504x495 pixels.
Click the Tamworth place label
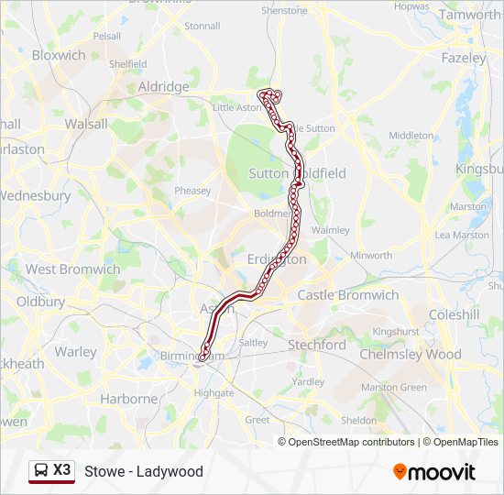[x=468, y=15]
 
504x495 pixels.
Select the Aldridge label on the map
[x=163, y=86]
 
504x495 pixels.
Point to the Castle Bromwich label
[x=347, y=295]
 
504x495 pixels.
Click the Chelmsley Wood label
[x=410, y=354]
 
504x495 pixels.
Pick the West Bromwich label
[x=72, y=269]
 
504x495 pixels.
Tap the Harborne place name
[x=129, y=399]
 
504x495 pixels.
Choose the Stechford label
[x=316, y=345]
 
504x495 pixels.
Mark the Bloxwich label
[x=59, y=55]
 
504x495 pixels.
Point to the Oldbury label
[x=40, y=301]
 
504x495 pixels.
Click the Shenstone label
[x=285, y=11]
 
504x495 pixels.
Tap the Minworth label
[x=371, y=256]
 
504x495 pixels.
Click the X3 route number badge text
[x=61, y=470]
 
